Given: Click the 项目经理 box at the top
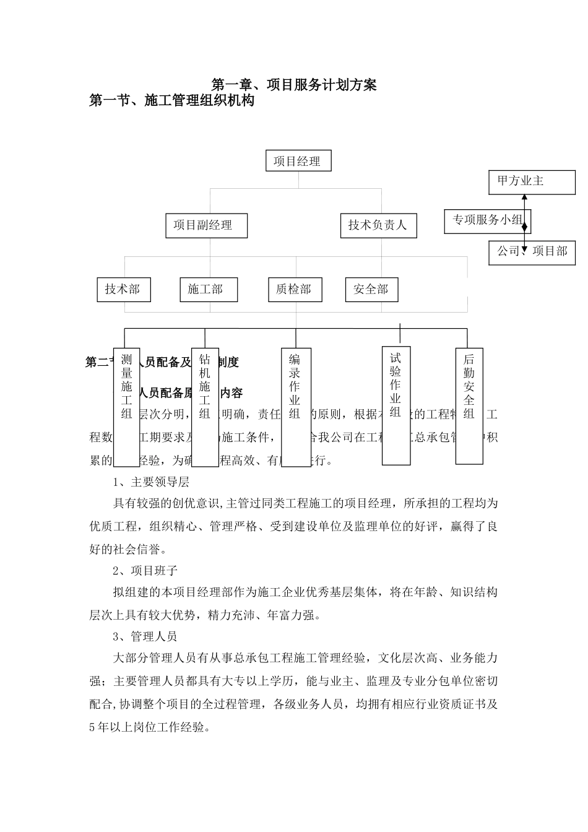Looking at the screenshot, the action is pos(298,161).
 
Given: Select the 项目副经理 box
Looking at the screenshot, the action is pos(206,225).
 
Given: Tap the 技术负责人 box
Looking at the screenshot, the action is pos(378,225).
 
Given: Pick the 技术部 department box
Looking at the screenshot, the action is pos(123,289).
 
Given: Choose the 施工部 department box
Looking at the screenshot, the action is pos(208,289).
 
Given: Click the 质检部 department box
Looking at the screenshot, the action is pos(295,289).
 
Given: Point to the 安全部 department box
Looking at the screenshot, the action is pos(371,289).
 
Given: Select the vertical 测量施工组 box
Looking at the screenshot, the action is pos(127,406).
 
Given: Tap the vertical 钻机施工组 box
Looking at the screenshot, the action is pos(205,406).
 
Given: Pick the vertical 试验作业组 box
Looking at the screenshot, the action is pos(396,405).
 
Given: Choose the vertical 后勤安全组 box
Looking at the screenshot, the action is pos(469,405).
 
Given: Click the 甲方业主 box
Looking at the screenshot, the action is pos(531,182).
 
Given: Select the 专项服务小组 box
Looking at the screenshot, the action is pos(487,221).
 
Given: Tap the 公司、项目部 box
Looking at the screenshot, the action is pos(532,252).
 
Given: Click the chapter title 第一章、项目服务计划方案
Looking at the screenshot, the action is pos(294,85).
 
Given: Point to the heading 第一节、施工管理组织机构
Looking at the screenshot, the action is pos(172,100).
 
